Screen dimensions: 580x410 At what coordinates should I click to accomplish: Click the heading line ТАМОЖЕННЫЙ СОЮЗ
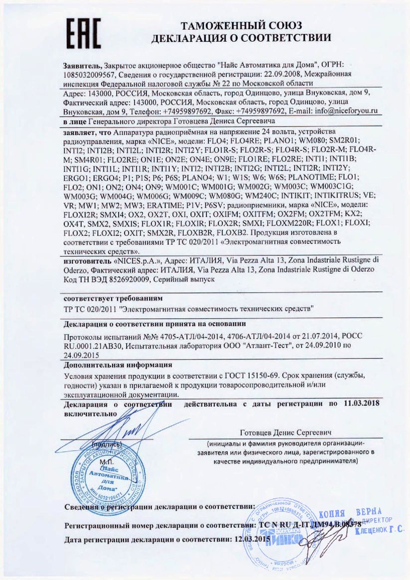point(241,26)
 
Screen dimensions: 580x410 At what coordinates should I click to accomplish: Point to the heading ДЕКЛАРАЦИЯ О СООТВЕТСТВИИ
point(241,38)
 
